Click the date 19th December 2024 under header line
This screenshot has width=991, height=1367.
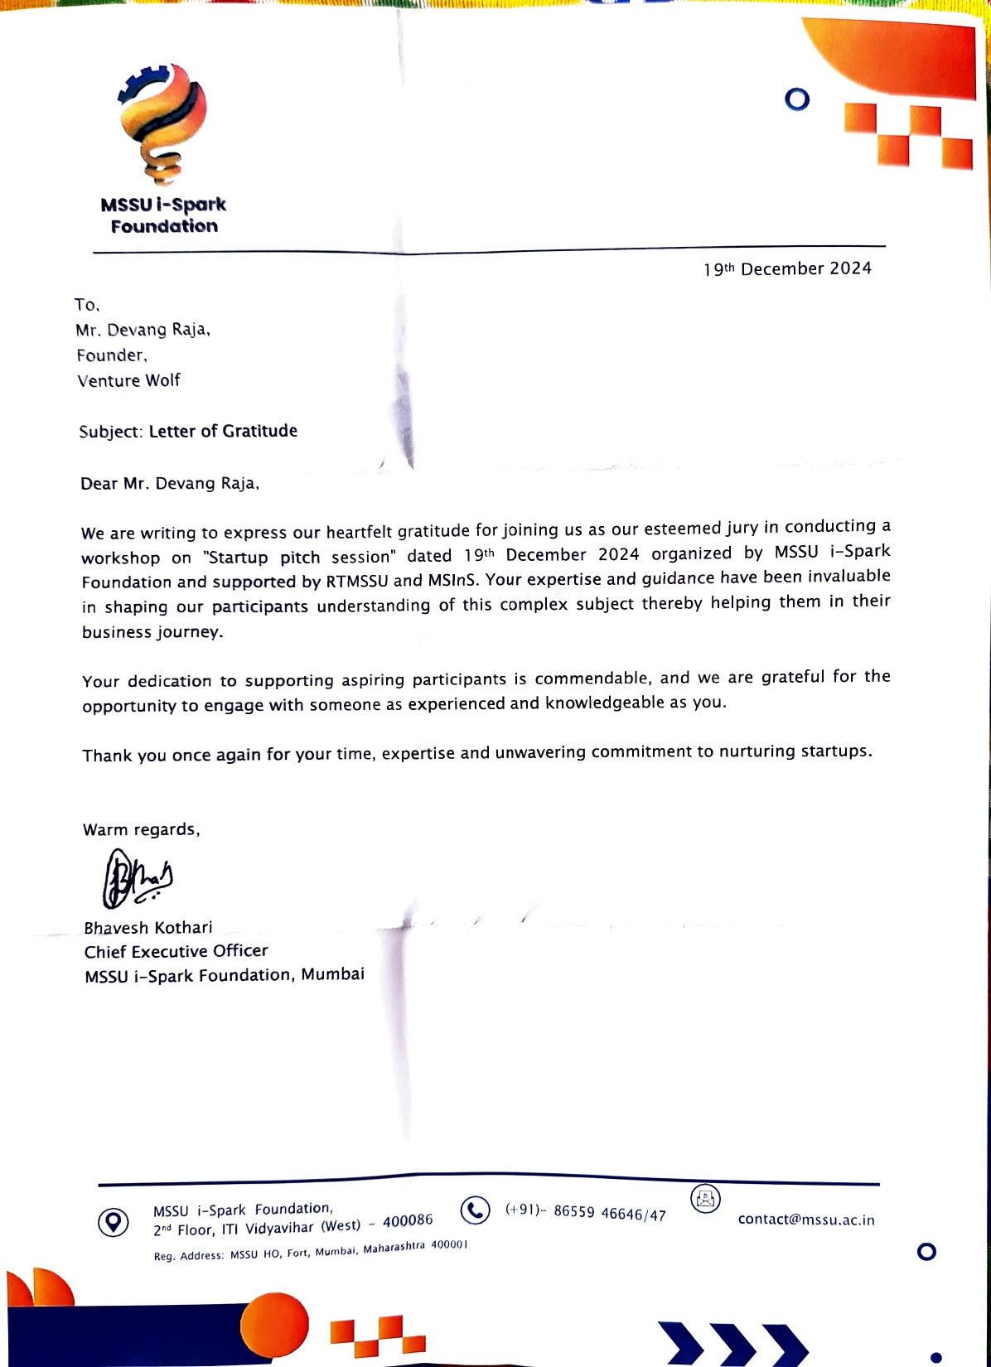[787, 269]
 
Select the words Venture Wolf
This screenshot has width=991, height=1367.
[128, 380]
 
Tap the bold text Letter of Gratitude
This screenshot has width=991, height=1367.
[223, 431]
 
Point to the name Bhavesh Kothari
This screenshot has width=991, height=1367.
[148, 928]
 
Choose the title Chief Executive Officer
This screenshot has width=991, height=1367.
[176, 951]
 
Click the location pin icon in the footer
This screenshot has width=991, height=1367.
[114, 1222]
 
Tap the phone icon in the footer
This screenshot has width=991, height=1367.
[475, 1210]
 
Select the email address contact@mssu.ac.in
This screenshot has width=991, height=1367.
[806, 1220]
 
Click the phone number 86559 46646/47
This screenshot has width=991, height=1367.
[610, 1213]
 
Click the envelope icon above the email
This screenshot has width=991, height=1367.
[705, 1199]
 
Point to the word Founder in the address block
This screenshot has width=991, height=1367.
[111, 355]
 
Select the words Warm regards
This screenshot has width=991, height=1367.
[141, 830]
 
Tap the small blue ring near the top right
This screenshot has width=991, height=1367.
[797, 100]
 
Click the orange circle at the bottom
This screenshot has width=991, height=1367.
[274, 1324]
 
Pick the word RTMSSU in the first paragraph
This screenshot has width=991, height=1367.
[356, 581]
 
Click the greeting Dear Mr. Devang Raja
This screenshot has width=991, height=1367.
[170, 484]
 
